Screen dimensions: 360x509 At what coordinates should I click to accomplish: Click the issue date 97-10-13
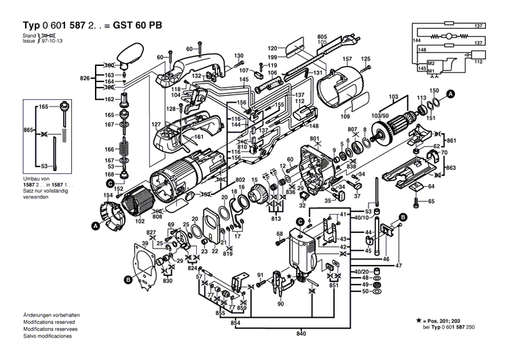coord(52,40)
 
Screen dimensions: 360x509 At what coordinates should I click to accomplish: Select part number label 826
coord(85,79)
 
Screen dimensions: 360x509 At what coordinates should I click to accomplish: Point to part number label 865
coord(28,129)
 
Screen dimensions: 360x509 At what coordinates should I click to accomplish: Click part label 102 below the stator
coord(141,221)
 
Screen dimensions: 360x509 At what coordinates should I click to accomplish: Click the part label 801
coord(314,139)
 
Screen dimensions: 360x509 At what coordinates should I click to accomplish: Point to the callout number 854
coord(234,322)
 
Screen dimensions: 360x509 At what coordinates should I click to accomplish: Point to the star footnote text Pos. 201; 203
coord(459,320)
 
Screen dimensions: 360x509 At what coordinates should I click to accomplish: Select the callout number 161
coord(199,137)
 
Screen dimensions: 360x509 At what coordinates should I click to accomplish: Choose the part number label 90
coord(280,304)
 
